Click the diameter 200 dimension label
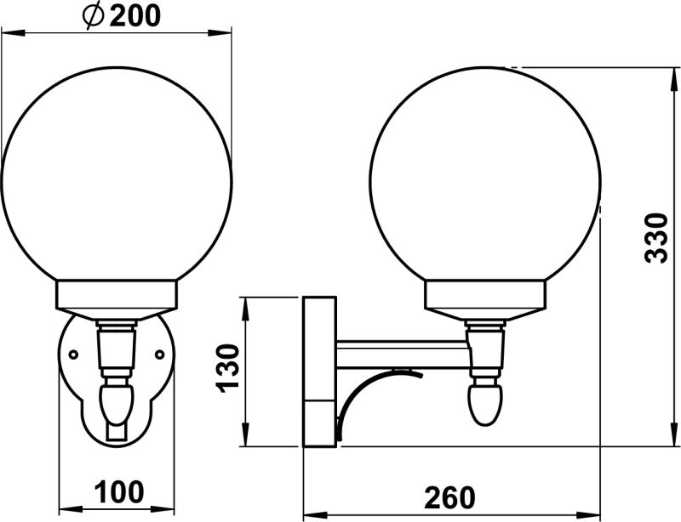[123, 15]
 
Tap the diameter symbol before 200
[95, 15]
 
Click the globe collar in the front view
[117, 296]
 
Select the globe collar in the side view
[485, 296]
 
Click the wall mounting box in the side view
[319, 371]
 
